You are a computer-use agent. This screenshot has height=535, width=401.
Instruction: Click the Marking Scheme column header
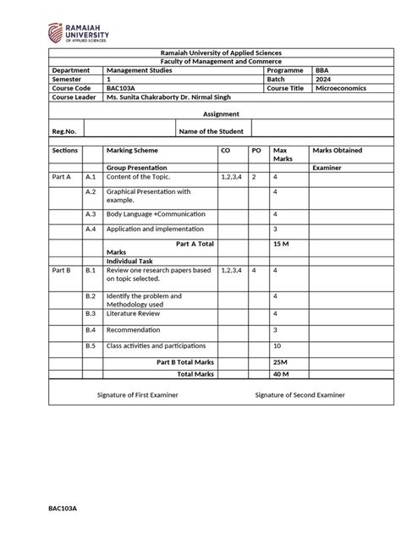[131, 150]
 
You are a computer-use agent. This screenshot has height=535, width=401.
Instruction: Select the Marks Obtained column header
[337, 150]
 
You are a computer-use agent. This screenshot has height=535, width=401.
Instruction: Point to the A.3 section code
[91, 214]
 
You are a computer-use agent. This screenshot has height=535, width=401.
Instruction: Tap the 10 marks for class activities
[277, 345]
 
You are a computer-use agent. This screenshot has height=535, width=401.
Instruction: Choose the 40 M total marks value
[281, 373]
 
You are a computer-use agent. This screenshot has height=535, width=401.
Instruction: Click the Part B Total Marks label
[185, 361]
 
